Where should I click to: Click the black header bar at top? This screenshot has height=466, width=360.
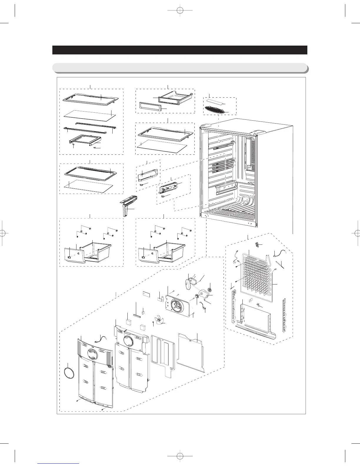[x=180, y=50]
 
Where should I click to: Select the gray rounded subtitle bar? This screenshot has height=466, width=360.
[x=180, y=68]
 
